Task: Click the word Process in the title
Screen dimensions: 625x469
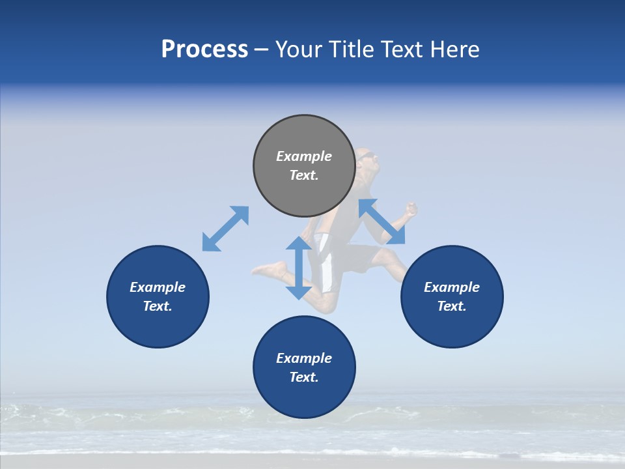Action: point(204,49)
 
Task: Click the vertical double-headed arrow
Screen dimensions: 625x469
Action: point(299,268)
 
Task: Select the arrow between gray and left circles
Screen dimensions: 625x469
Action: point(225,229)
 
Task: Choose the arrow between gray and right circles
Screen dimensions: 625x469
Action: point(382,221)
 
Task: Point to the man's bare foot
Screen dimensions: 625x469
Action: point(268,269)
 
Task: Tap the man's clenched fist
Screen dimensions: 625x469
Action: point(410,209)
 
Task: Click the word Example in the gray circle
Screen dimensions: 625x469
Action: point(304,156)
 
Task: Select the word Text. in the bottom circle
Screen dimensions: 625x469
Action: point(304,377)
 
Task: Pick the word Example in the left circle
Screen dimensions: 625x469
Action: point(158,287)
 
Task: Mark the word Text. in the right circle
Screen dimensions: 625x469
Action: point(452,306)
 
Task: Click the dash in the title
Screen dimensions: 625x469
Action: point(261,50)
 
